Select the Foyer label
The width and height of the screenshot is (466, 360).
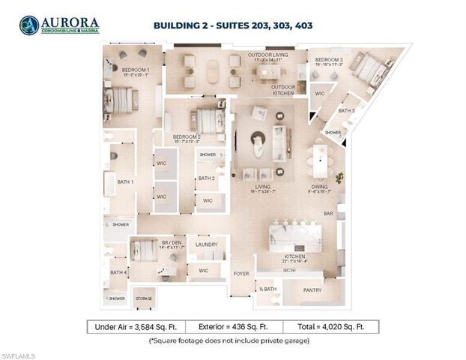tap(240, 273)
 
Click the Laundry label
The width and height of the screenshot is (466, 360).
tap(206, 244)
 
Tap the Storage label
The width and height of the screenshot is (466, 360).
tap(143, 298)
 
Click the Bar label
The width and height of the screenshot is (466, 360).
tap(327, 214)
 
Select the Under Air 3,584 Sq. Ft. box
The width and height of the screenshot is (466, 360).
tap(136, 327)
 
